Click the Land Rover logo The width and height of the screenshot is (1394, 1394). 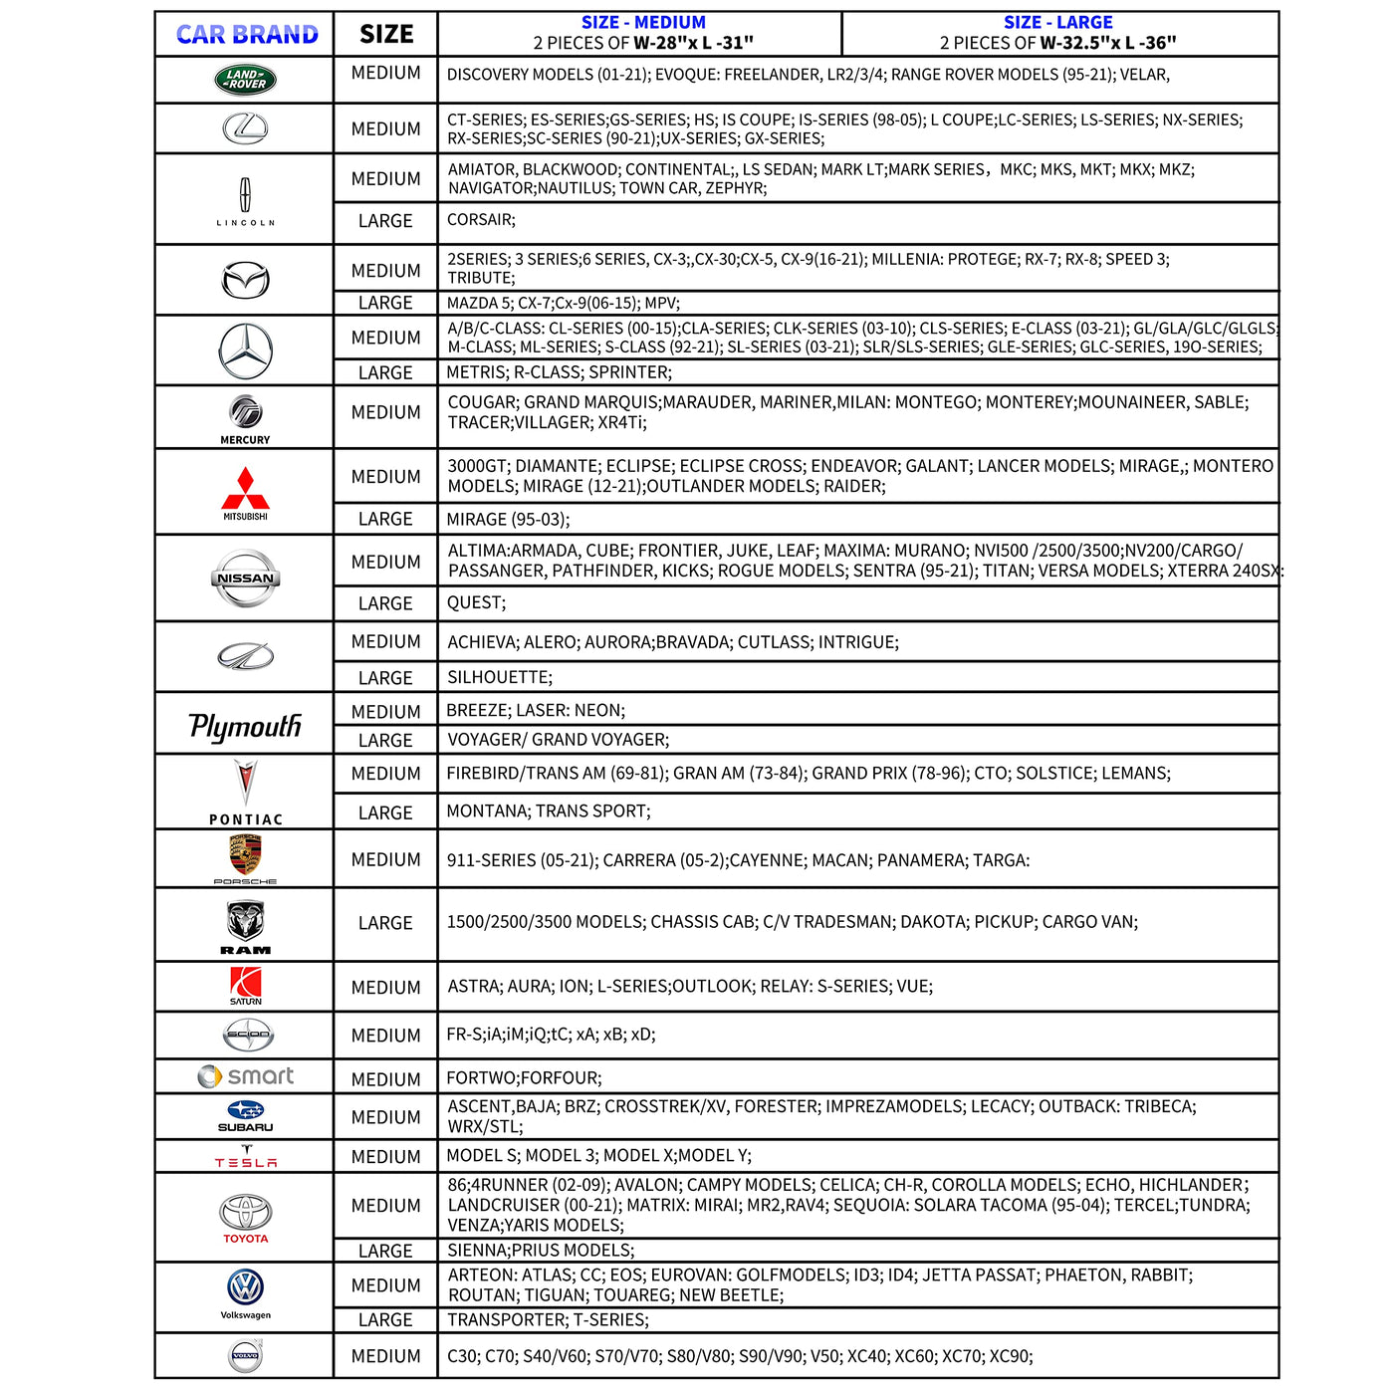tap(245, 80)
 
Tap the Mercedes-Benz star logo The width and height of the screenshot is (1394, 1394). tap(245, 350)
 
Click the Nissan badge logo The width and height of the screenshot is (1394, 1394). tap(245, 578)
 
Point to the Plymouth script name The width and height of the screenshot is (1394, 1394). tap(245, 726)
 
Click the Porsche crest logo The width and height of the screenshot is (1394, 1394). tap(245, 854)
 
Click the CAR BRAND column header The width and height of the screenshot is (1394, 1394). tap(247, 35)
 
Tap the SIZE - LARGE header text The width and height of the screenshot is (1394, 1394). tap(1057, 22)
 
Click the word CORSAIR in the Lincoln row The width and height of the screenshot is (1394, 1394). tap(480, 220)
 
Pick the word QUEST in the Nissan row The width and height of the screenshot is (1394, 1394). tap(475, 602)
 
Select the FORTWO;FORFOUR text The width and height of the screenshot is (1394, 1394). tap(524, 1077)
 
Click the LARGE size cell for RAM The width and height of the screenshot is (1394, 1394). tap(385, 923)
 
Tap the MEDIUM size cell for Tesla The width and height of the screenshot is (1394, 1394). tap(385, 1156)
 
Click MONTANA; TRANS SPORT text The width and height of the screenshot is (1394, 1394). tap(548, 811)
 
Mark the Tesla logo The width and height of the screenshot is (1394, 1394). tap(245, 1157)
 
